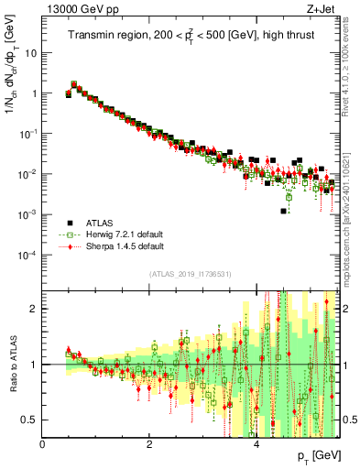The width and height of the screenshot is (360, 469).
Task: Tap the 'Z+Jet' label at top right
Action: pos(323,8)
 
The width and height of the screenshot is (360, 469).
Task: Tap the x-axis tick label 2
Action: pos(149,445)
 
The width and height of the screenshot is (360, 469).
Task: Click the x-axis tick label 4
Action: pos(256,445)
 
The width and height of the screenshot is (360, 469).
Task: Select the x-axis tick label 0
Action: pos(42,445)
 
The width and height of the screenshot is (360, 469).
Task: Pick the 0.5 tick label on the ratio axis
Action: pos(29,420)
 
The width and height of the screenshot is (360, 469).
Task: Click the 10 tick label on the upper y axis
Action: pos(31,52)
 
